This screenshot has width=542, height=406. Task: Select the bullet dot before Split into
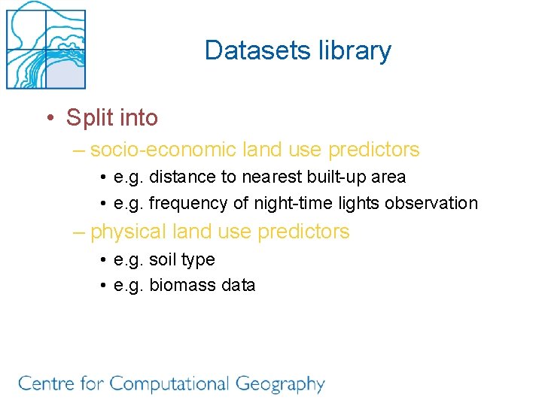(x=49, y=118)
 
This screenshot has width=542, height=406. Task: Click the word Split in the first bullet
(x=87, y=118)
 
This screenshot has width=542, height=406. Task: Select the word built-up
(x=336, y=177)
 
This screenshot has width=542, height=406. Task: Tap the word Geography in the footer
(x=280, y=384)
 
